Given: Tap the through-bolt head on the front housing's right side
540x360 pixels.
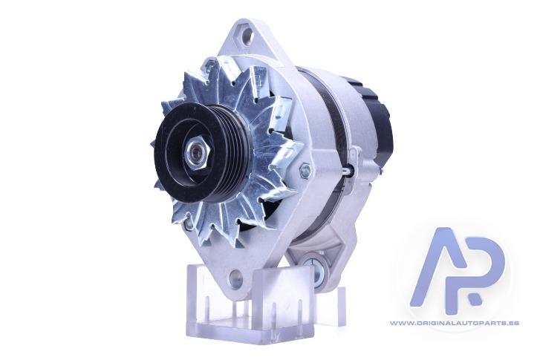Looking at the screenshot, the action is (x=305, y=171).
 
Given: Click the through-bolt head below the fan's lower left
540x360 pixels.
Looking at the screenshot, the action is (x=188, y=223).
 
